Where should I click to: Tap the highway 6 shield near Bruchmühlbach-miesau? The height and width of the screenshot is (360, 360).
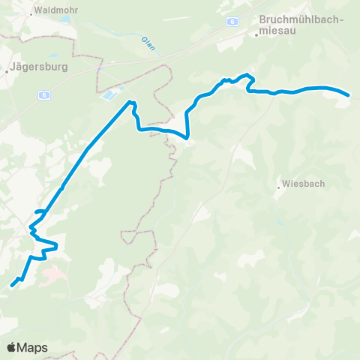233,22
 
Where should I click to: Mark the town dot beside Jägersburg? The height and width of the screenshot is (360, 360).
7,70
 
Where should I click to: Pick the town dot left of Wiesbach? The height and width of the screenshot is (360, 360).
278,187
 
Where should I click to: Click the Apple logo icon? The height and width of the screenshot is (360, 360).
12,347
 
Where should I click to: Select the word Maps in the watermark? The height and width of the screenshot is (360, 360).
33,347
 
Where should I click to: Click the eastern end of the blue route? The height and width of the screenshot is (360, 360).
349,95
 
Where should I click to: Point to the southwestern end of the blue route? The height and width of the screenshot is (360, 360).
11,286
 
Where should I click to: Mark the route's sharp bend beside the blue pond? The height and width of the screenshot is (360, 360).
132,102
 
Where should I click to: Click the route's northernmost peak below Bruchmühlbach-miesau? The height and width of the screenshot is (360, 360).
246,75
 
